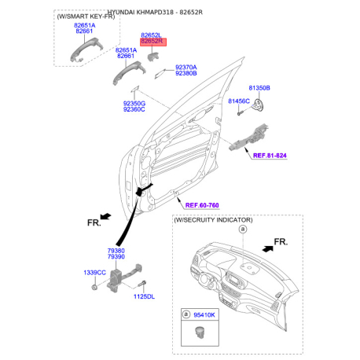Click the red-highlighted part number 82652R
152,41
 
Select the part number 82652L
151,35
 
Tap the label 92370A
186,68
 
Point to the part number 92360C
134,109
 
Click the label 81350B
259,88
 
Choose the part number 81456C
239,101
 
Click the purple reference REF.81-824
270,156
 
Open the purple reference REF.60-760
202,205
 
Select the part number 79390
116,256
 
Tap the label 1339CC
94,273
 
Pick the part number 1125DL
144,296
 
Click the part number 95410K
204,314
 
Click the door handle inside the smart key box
86,49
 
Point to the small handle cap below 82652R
153,57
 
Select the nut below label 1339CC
94,287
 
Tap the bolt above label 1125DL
142,285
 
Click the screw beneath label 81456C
241,113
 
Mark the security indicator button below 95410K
200,332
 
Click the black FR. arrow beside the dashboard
268,248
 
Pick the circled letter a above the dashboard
243,230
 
